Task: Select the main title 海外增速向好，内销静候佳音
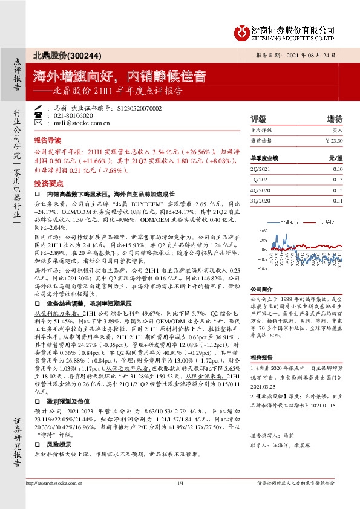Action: point(119,77)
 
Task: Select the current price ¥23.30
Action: point(333,140)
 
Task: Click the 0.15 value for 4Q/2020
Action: point(337,190)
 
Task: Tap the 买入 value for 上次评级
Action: point(337,131)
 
